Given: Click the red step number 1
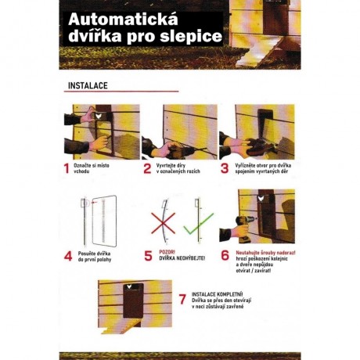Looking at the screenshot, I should pyautogui.click(x=67, y=168).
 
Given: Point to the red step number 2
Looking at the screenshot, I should pyautogui.click(x=146, y=168).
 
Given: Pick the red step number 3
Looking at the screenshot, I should pyautogui.click(x=225, y=168).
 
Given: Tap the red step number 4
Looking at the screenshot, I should pyautogui.click(x=67, y=254).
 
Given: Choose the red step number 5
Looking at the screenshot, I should pyautogui.click(x=146, y=254).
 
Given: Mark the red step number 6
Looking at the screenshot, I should pyautogui.click(x=225, y=254).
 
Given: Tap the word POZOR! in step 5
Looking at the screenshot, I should pyautogui.click(x=167, y=250).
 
